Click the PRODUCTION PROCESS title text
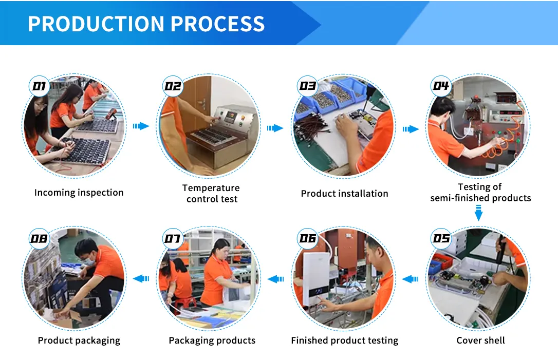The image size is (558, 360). [x=146, y=24]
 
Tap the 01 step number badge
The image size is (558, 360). [x=40, y=86]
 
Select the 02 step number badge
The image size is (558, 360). [x=173, y=86]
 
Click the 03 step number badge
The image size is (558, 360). [x=307, y=86]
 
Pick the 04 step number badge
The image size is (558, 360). [x=441, y=86]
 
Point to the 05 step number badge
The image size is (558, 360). [x=441, y=238]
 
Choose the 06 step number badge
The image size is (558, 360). [x=307, y=238]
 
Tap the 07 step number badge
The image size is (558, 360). [x=173, y=238]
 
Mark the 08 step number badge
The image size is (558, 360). [x=39, y=238]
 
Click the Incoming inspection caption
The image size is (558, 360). [x=79, y=193]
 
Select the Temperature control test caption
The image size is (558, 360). [x=211, y=194]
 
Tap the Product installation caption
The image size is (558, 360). [x=344, y=194]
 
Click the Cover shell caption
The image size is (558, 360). [x=480, y=340]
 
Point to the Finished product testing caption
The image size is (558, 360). [x=344, y=340]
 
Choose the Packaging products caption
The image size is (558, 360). [x=212, y=340]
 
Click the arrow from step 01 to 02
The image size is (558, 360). [x=141, y=126]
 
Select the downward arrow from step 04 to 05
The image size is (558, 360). [x=478, y=213]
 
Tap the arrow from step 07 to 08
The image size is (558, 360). [x=141, y=278]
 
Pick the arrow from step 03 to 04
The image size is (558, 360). [x=410, y=129]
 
